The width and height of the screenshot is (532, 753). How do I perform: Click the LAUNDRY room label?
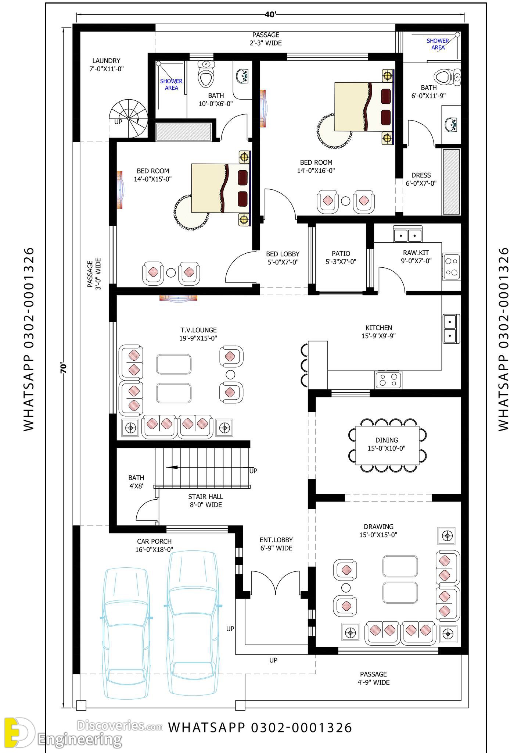click(x=106, y=61)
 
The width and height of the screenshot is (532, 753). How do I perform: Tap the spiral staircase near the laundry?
click(x=128, y=118)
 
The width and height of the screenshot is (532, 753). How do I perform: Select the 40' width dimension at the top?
click(x=270, y=14)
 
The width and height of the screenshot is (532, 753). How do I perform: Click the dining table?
click(x=387, y=445)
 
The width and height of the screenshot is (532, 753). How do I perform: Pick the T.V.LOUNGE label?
click(x=198, y=330)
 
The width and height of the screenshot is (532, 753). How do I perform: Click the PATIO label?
click(x=341, y=254)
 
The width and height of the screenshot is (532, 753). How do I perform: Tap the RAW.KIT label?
click(x=416, y=253)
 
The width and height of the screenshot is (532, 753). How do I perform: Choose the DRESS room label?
click(x=421, y=175)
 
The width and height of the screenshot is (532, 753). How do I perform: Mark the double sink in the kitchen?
click(x=451, y=328)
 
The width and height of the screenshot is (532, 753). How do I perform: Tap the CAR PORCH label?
click(x=154, y=541)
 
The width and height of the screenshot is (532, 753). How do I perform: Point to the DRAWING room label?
click(x=378, y=527)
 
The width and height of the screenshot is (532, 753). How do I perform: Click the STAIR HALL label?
click(x=206, y=497)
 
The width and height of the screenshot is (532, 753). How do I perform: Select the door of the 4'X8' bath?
click(x=146, y=510)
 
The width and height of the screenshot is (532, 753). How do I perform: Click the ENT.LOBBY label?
click(x=276, y=540)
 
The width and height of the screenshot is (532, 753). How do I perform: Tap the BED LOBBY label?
click(x=283, y=254)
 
